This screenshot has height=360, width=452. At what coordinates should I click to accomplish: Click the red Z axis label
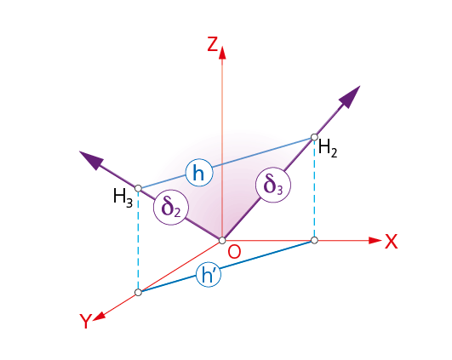(213, 44)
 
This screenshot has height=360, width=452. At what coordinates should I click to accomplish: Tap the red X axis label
(392, 241)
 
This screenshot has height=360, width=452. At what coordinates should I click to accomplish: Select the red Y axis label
(86, 321)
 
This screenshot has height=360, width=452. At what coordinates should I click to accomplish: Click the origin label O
(234, 252)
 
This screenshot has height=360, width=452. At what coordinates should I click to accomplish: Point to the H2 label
(328, 148)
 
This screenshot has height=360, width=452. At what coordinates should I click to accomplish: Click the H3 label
(123, 197)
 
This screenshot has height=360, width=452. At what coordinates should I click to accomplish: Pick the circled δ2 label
(171, 208)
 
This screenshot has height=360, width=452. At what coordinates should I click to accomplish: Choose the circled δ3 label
(273, 185)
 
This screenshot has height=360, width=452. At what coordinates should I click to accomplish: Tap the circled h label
(199, 173)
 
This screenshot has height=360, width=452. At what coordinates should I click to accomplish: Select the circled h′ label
(209, 275)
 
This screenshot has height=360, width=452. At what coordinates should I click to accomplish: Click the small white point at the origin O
(222, 240)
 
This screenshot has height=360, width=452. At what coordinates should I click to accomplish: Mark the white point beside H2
(314, 137)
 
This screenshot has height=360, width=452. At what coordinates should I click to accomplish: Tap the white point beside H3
(139, 188)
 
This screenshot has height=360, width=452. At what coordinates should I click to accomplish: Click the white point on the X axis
(314, 240)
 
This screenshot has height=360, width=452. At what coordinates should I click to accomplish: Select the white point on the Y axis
(139, 293)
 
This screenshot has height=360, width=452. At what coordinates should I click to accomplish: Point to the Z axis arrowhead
(222, 53)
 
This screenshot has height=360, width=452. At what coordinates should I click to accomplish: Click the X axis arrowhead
(375, 240)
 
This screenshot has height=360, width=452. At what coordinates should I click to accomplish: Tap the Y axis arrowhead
(99, 317)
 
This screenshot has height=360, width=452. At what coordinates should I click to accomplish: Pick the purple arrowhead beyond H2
(350, 96)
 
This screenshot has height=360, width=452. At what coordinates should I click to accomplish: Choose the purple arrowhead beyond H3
(91, 160)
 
